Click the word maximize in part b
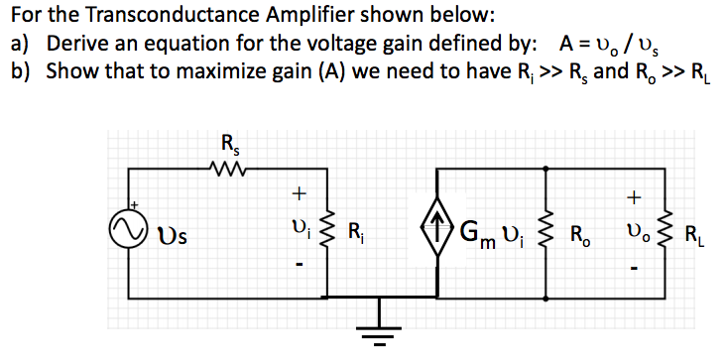click(217, 72)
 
